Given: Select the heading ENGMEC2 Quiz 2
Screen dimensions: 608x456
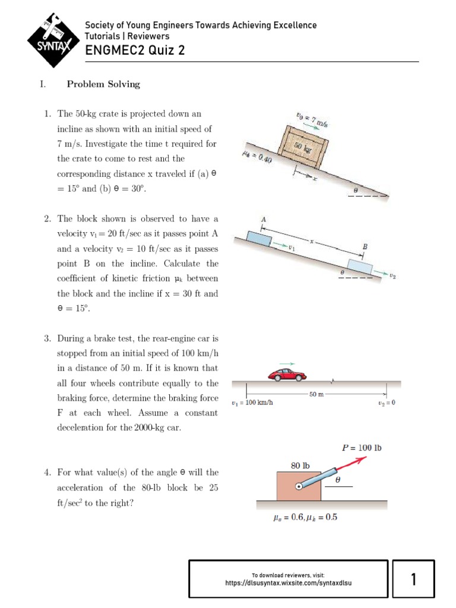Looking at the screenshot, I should tap(135, 50).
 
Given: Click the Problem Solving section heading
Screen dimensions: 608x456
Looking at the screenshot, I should tap(103, 84).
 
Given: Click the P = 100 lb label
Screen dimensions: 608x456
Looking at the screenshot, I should tap(362, 448).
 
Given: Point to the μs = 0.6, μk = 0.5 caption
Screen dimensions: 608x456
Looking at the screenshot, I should tap(305, 517).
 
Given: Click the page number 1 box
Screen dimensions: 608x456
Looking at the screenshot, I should tap(413, 579).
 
